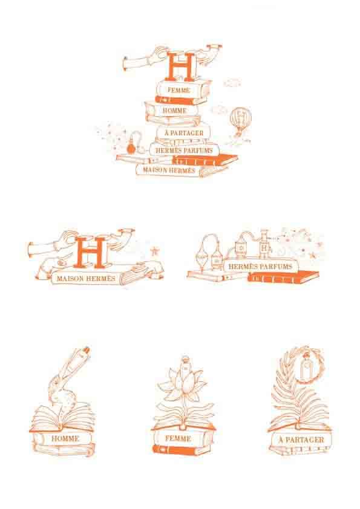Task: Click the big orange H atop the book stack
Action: click(x=181, y=66)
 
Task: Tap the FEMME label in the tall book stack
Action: click(x=178, y=90)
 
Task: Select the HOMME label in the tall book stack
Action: click(x=174, y=111)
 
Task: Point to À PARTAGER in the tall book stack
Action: click(x=184, y=133)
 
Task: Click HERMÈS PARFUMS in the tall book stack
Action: click(x=184, y=151)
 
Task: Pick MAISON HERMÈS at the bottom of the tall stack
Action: click(x=169, y=170)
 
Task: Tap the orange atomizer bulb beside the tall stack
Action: click(x=131, y=148)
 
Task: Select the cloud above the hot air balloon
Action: click(x=232, y=83)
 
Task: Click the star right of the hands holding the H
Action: click(x=154, y=251)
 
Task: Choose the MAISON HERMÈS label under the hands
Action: click(x=86, y=279)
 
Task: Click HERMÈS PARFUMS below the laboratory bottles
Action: click(x=260, y=267)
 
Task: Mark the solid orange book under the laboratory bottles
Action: click(x=283, y=277)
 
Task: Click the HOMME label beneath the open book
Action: click(x=65, y=438)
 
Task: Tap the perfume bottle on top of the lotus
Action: click(x=185, y=366)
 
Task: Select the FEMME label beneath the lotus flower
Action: click(x=178, y=438)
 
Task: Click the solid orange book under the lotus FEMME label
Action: click(x=182, y=450)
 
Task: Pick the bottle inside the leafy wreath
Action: click(x=306, y=366)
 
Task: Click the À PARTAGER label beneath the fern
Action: click(x=301, y=440)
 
